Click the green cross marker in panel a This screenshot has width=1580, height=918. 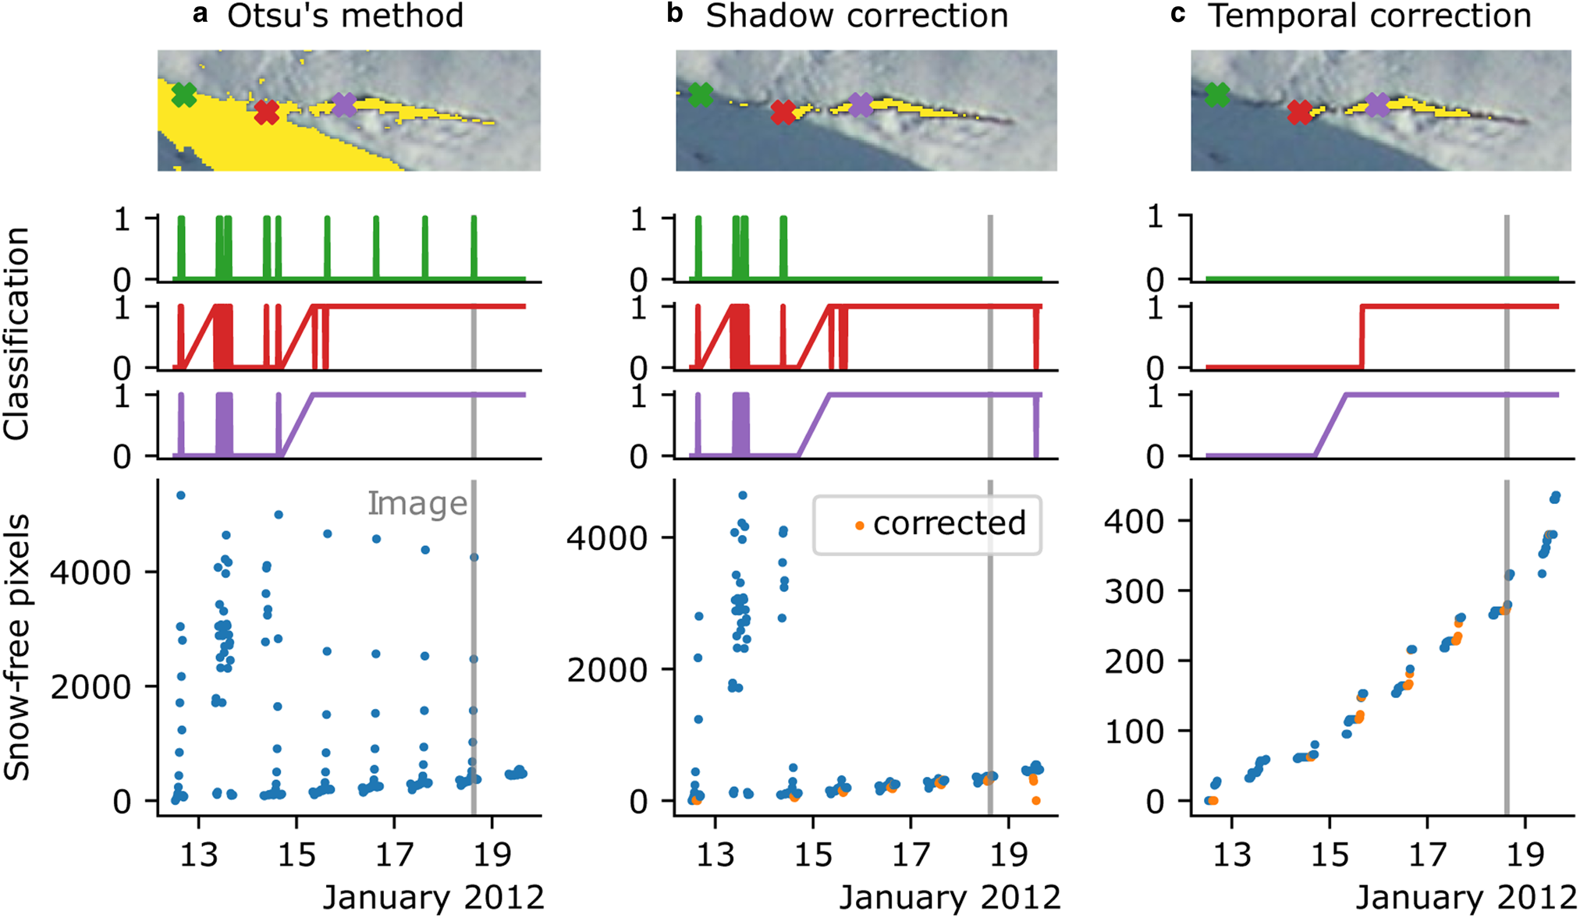pos(183,95)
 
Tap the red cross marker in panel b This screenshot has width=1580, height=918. pos(783,113)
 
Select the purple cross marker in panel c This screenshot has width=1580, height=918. pos(1377,105)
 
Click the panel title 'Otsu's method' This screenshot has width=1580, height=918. pos(345,16)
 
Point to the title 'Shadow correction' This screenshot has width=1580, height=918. pos(857,16)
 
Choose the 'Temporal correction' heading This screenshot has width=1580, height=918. pos(1369,16)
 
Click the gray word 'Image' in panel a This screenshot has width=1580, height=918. pos(417,504)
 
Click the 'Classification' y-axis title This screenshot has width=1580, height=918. pos(16,334)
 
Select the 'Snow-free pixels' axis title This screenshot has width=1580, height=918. pos(16,647)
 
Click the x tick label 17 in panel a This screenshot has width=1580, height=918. pos(394,854)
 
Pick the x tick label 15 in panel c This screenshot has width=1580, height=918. pos(1330,854)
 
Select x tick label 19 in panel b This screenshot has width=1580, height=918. pos(1008,854)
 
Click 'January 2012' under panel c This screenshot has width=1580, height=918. pos(1465,898)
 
